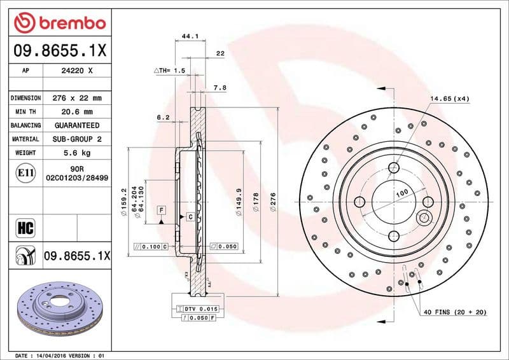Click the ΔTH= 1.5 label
coord(169,71)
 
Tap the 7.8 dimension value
coord(220,87)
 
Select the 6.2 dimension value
coord(163,117)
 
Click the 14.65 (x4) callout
coord(449,99)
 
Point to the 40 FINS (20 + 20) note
coord(455,313)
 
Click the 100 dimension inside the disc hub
coord(401,192)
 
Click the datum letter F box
coord(162,210)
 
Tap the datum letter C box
coord(190,218)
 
